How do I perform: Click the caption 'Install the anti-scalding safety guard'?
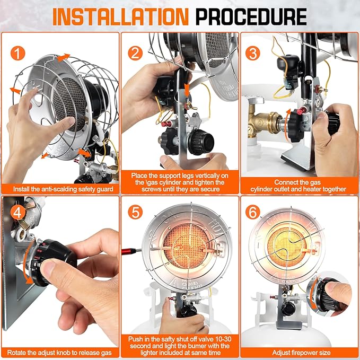[59, 189]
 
